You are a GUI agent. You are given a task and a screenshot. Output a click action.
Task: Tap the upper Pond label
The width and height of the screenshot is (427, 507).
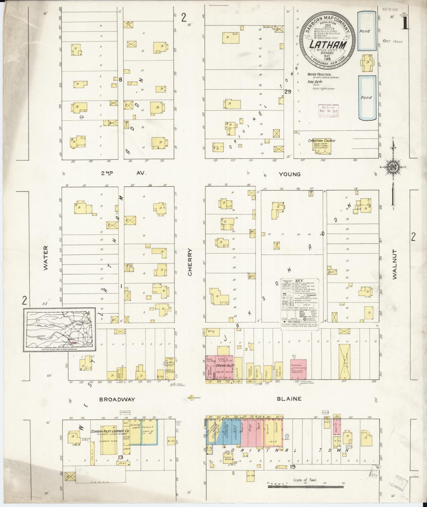point(365,31)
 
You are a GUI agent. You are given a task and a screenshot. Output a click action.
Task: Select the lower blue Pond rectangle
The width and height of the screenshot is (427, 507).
point(367,98)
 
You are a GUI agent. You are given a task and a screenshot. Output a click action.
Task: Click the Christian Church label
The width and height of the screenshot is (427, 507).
point(322,141)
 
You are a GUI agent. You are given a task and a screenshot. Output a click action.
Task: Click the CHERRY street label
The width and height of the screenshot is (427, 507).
point(190,262)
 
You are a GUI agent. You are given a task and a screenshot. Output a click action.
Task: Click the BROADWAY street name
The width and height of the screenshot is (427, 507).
point(117,399)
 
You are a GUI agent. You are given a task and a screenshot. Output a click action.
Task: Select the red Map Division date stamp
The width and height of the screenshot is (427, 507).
point(329,111)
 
